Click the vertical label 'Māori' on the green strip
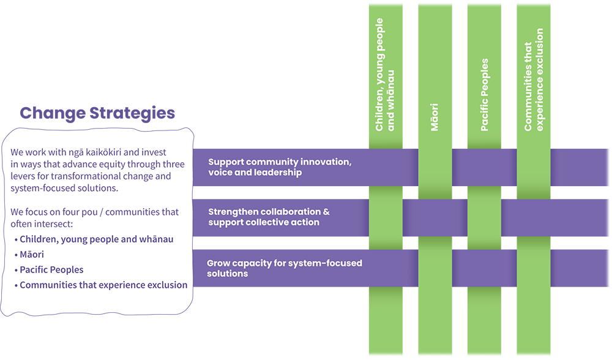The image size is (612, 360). coord(435,117)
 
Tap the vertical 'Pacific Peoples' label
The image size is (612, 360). coord(484,95)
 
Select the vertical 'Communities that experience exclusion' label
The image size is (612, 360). coord(534,80)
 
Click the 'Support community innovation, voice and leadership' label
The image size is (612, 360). coord(279,167)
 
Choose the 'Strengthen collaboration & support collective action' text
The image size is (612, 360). coord(269,217)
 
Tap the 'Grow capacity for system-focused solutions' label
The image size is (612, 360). coord(284,268)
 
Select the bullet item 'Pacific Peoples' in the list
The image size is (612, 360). coord(51,269)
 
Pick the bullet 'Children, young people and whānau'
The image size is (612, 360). coord(96,239)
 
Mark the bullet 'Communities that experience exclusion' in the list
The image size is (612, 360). coord(103,285)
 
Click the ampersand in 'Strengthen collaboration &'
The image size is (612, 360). coord(326,212)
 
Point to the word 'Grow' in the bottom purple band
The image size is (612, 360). coord(218,263)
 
